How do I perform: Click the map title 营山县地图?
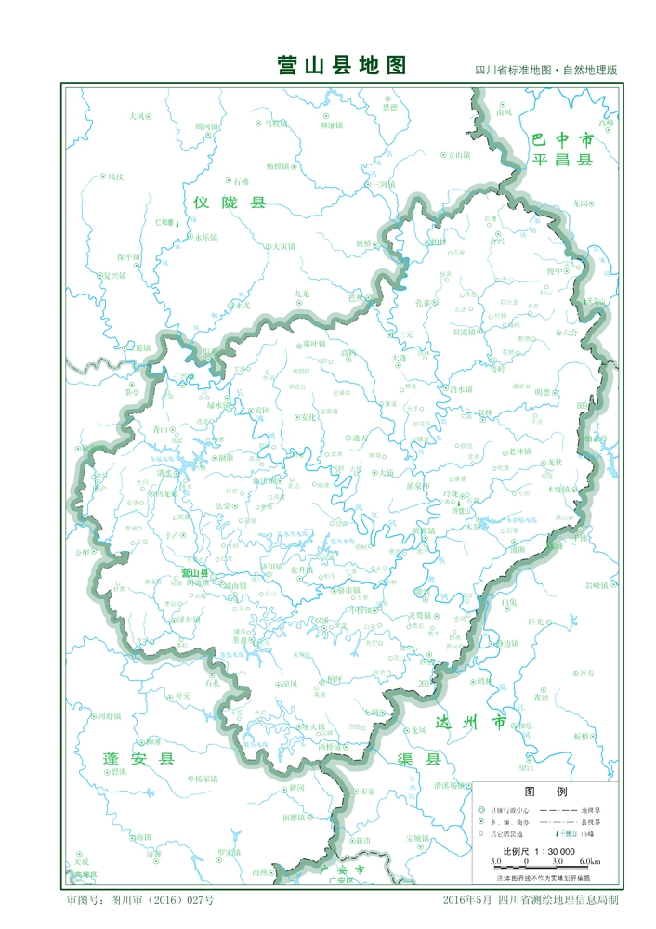[342, 66]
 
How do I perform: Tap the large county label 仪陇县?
[230, 202]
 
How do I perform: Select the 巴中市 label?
[562, 139]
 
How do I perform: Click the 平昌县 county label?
[562, 160]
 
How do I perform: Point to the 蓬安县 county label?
[138, 759]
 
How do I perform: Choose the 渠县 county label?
[419, 759]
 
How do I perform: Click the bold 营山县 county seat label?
[195, 573]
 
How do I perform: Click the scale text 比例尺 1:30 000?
[539, 851]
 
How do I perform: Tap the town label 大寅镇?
[282, 246]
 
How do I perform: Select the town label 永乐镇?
[205, 237]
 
